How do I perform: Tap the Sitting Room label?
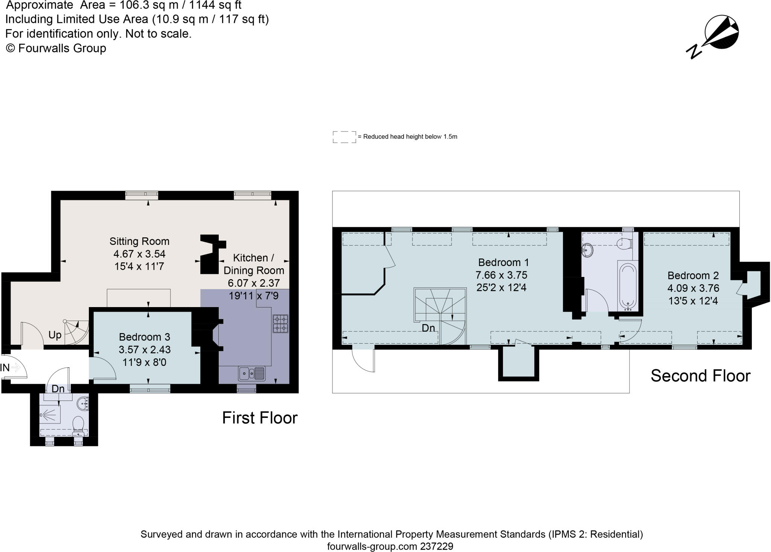click(x=139, y=241)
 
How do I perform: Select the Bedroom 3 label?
click(x=145, y=337)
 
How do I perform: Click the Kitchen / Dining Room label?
click(x=254, y=264)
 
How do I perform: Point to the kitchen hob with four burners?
click(x=280, y=324)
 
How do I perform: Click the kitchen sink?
click(x=252, y=374)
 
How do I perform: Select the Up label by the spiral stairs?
click(x=55, y=335)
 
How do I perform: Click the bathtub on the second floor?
click(x=628, y=286)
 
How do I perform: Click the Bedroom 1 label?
click(x=503, y=262)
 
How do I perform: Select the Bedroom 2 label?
click(x=693, y=275)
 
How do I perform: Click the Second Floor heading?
click(x=701, y=376)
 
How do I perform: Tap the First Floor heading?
click(x=260, y=418)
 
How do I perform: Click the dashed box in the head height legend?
click(x=344, y=137)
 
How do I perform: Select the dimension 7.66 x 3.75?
click(x=501, y=275)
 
